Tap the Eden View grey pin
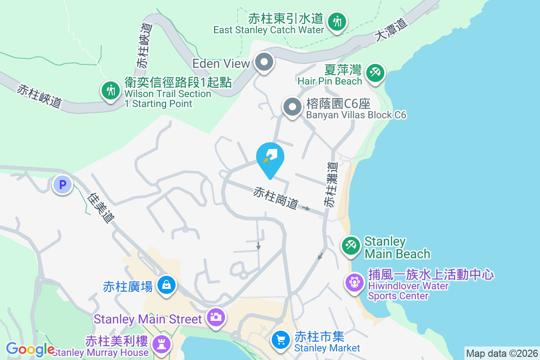pos(264,63)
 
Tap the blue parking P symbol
pos(63,184)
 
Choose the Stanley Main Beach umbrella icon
pos(351,246)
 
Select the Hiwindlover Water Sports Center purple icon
pos(355,283)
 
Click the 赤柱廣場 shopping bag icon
pos(166,285)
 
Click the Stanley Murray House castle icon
pos(161,344)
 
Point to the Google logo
pos(30,349)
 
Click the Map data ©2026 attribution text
pos(502,353)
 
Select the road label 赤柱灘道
pos(331,184)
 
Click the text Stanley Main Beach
pos(397,247)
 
